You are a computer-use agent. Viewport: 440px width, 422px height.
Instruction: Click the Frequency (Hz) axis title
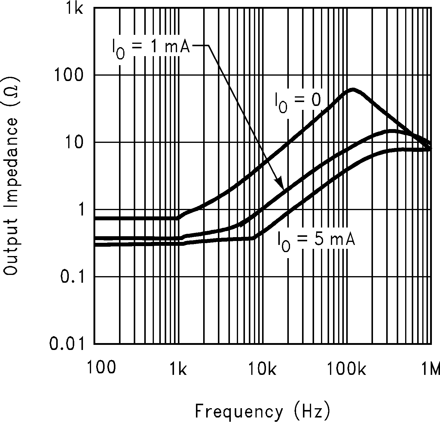coord(263,411)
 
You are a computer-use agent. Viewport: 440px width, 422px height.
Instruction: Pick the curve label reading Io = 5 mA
coord(316,241)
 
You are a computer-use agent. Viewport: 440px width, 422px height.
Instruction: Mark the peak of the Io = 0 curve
coord(353,89)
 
